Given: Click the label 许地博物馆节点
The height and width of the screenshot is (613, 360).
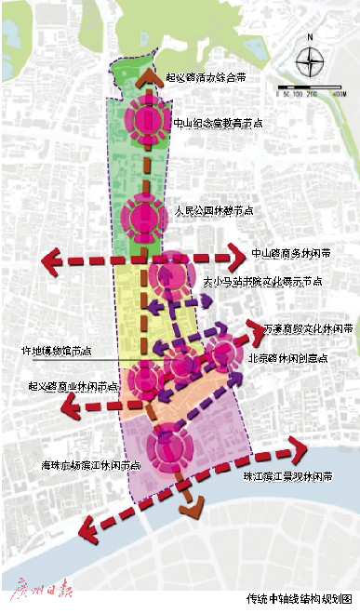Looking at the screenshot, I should tap(57, 352).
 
